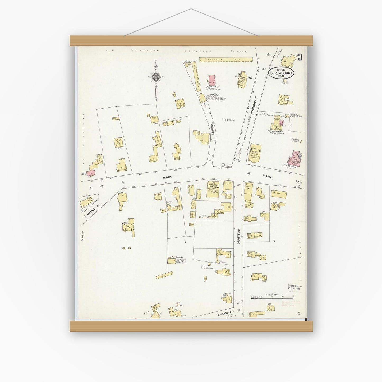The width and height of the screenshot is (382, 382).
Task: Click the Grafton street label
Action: pos(238,236)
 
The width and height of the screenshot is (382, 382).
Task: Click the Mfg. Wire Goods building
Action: pos(172,261)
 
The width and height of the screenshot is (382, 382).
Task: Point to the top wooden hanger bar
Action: pos(191,41)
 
